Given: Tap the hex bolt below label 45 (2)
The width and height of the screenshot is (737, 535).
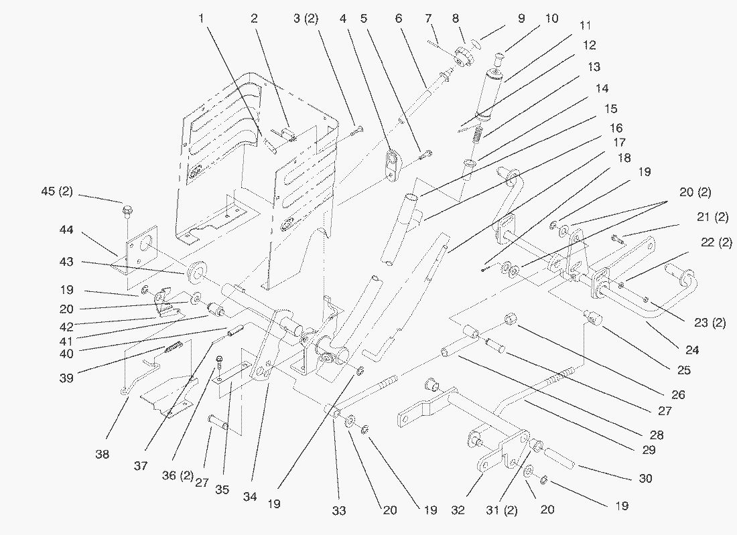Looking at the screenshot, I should click(x=127, y=212).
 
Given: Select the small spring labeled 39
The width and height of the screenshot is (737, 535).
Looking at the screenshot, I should click(x=173, y=348).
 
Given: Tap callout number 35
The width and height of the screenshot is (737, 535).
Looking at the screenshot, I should click(x=222, y=489).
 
